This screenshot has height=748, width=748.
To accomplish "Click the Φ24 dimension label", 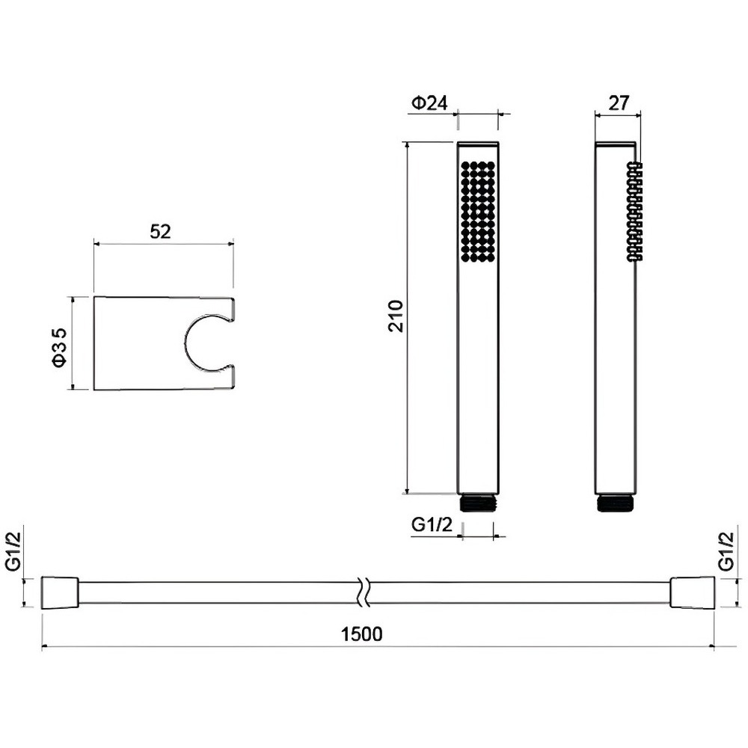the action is pos(429,103).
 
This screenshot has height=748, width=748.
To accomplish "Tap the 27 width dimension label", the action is pos(619,103).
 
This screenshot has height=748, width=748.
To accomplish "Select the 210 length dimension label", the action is pos(396,316).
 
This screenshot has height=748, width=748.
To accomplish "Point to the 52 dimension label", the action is pos(160,232).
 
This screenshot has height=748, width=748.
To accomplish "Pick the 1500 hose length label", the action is pos(361,634).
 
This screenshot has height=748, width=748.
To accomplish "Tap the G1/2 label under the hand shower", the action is pos(432,525).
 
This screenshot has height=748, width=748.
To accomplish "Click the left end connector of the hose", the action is pos(60,592).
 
